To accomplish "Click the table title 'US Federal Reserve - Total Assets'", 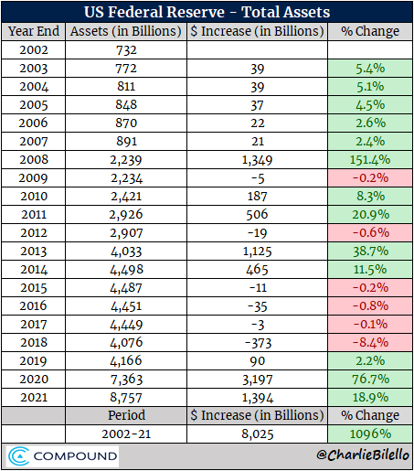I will click(x=207, y=13).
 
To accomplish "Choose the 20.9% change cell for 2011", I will click(x=370, y=216).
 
